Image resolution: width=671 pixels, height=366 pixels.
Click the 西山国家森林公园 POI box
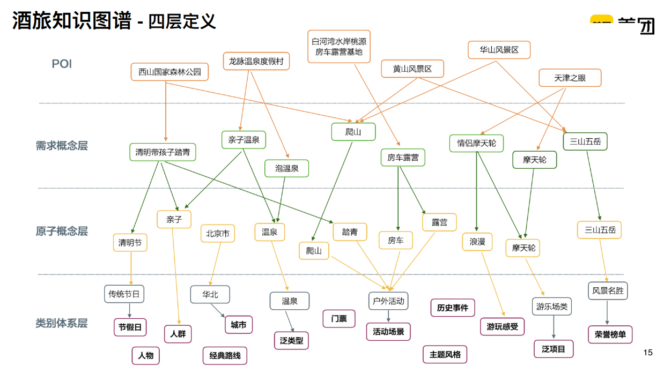pyautogui.click(x=169, y=72)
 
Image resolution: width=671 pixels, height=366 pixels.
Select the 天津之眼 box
pyautogui.click(x=570, y=78)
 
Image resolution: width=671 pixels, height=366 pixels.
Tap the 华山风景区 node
pyautogui.click(x=499, y=50)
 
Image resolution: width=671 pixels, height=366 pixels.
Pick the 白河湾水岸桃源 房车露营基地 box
pyautogui.click(x=338, y=47)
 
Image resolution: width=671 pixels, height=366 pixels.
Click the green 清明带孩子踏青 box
pyautogui.click(x=163, y=152)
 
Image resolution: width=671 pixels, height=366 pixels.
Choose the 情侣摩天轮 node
pyautogui.click(x=476, y=143)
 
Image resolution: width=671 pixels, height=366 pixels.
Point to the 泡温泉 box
pyautogui.click(x=286, y=168)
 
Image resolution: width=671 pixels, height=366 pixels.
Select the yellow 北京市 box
pyautogui.click(x=217, y=234)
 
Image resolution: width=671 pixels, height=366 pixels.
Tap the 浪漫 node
pyautogui.click(x=477, y=242)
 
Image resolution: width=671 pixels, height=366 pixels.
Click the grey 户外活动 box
pyautogui.click(x=388, y=301)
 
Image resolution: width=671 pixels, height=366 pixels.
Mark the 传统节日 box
pyautogui.click(x=124, y=294)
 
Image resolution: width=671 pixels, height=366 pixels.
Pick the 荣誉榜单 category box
pyautogui.click(x=610, y=334)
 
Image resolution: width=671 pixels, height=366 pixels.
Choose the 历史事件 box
pyautogui.click(x=452, y=308)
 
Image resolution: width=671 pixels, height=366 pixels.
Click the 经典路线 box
pyautogui.click(x=225, y=355)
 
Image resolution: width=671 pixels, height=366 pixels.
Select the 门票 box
pyautogui.click(x=338, y=318)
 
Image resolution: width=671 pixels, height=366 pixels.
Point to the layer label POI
pyautogui.click(x=62, y=64)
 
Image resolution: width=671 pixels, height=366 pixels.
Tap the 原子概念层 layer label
pyautogui.click(x=61, y=231)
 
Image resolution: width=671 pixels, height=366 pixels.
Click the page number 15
pyautogui.click(x=648, y=352)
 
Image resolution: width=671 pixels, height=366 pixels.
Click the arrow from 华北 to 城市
pyautogui.click(x=218, y=310)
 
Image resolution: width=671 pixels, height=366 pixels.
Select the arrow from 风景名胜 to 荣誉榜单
pyautogui.click(x=607, y=312)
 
